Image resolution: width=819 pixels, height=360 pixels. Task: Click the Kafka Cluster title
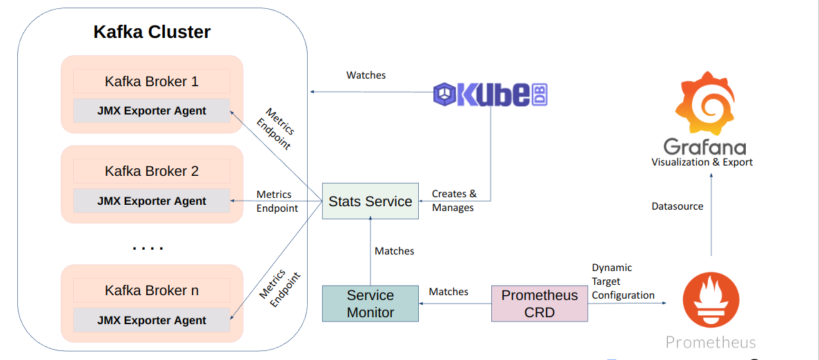(152, 32)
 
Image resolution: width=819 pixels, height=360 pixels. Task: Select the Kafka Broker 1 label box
(152, 81)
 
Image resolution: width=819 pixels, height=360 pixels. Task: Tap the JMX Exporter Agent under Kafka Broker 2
(152, 201)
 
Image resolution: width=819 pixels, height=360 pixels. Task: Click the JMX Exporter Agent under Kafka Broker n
(152, 320)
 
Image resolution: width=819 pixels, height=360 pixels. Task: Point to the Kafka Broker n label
(152, 290)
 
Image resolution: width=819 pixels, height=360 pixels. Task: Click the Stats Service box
(371, 201)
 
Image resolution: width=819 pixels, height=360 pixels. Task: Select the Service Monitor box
(371, 303)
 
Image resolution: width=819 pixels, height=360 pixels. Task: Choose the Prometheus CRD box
(540, 303)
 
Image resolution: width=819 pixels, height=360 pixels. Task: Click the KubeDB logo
(491, 94)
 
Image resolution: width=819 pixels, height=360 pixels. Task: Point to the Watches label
(366, 74)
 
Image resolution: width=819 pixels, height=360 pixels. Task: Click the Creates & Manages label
(453, 201)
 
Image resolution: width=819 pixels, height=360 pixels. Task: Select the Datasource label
(678, 206)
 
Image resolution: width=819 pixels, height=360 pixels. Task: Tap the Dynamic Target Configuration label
(622, 281)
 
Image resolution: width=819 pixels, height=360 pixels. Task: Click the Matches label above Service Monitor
(394, 251)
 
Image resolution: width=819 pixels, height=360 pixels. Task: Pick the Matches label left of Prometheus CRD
(448, 292)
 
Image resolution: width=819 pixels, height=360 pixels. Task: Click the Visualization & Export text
(702, 162)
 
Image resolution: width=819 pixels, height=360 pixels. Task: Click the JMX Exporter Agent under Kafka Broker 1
(152, 111)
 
